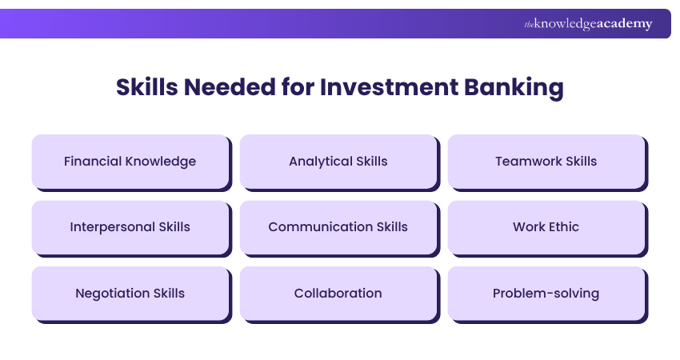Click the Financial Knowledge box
coord(130,161)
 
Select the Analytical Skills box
coord(338,161)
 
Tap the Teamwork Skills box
coord(546,161)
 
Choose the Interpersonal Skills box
coord(130,226)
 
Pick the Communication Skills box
coord(338,226)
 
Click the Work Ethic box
coord(546,226)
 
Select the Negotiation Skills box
coord(130,293)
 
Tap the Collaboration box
coord(338,293)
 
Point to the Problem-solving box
coord(546,293)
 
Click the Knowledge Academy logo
coord(588,24)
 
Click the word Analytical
coord(319,161)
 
